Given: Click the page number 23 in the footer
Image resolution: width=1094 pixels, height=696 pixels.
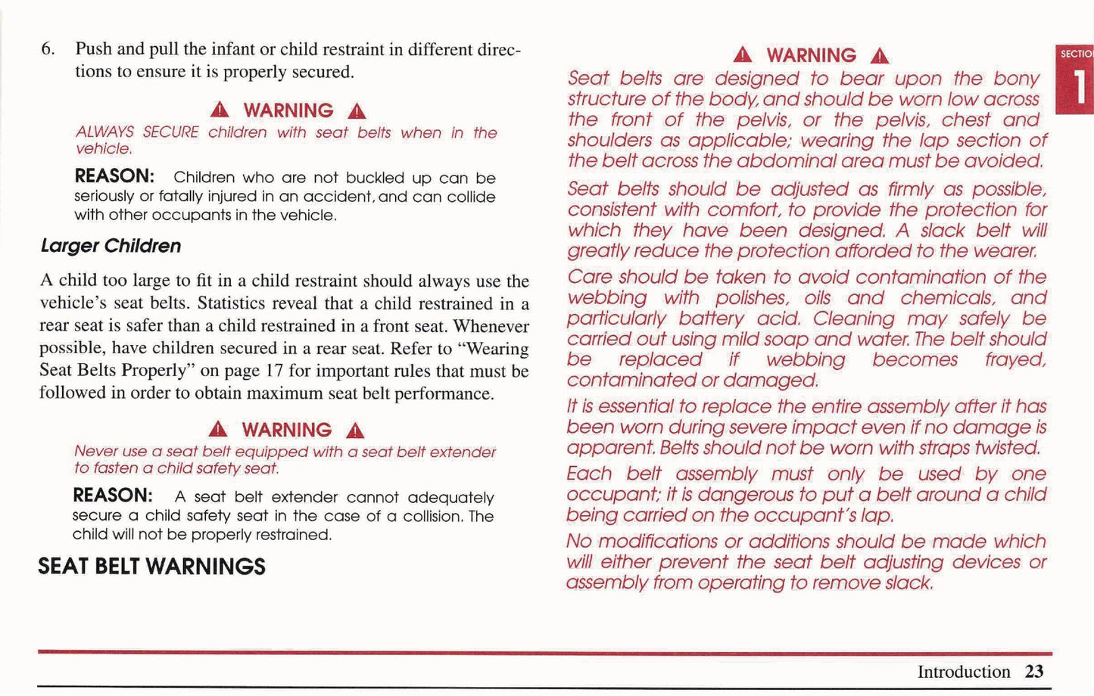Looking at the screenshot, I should pos(1034,672).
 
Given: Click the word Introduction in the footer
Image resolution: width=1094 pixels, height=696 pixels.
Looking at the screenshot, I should pos(963,672).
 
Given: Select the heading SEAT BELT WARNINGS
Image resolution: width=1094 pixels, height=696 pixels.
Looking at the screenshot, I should pos(151,567).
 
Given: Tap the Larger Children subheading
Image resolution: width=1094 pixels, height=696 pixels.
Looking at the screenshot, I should pos(111,246).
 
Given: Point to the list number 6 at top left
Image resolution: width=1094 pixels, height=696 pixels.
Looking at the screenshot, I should pos(47,49).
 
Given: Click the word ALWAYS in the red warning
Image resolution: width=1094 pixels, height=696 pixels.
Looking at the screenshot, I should pos(104,132).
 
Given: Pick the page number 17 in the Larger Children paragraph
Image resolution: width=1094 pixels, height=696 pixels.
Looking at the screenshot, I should pos(273,371).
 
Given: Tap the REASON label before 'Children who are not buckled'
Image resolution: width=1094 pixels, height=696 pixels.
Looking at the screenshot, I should pos(114,177).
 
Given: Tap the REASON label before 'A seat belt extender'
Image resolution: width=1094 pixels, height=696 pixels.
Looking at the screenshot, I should pos(113,496).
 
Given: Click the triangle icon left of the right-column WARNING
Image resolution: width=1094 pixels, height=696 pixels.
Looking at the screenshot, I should pos(743,55).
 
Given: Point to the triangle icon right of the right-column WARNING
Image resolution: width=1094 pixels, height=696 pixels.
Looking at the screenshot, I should pos(879,56).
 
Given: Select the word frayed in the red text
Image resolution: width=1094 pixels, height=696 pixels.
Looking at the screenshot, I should pos(1015,360).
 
